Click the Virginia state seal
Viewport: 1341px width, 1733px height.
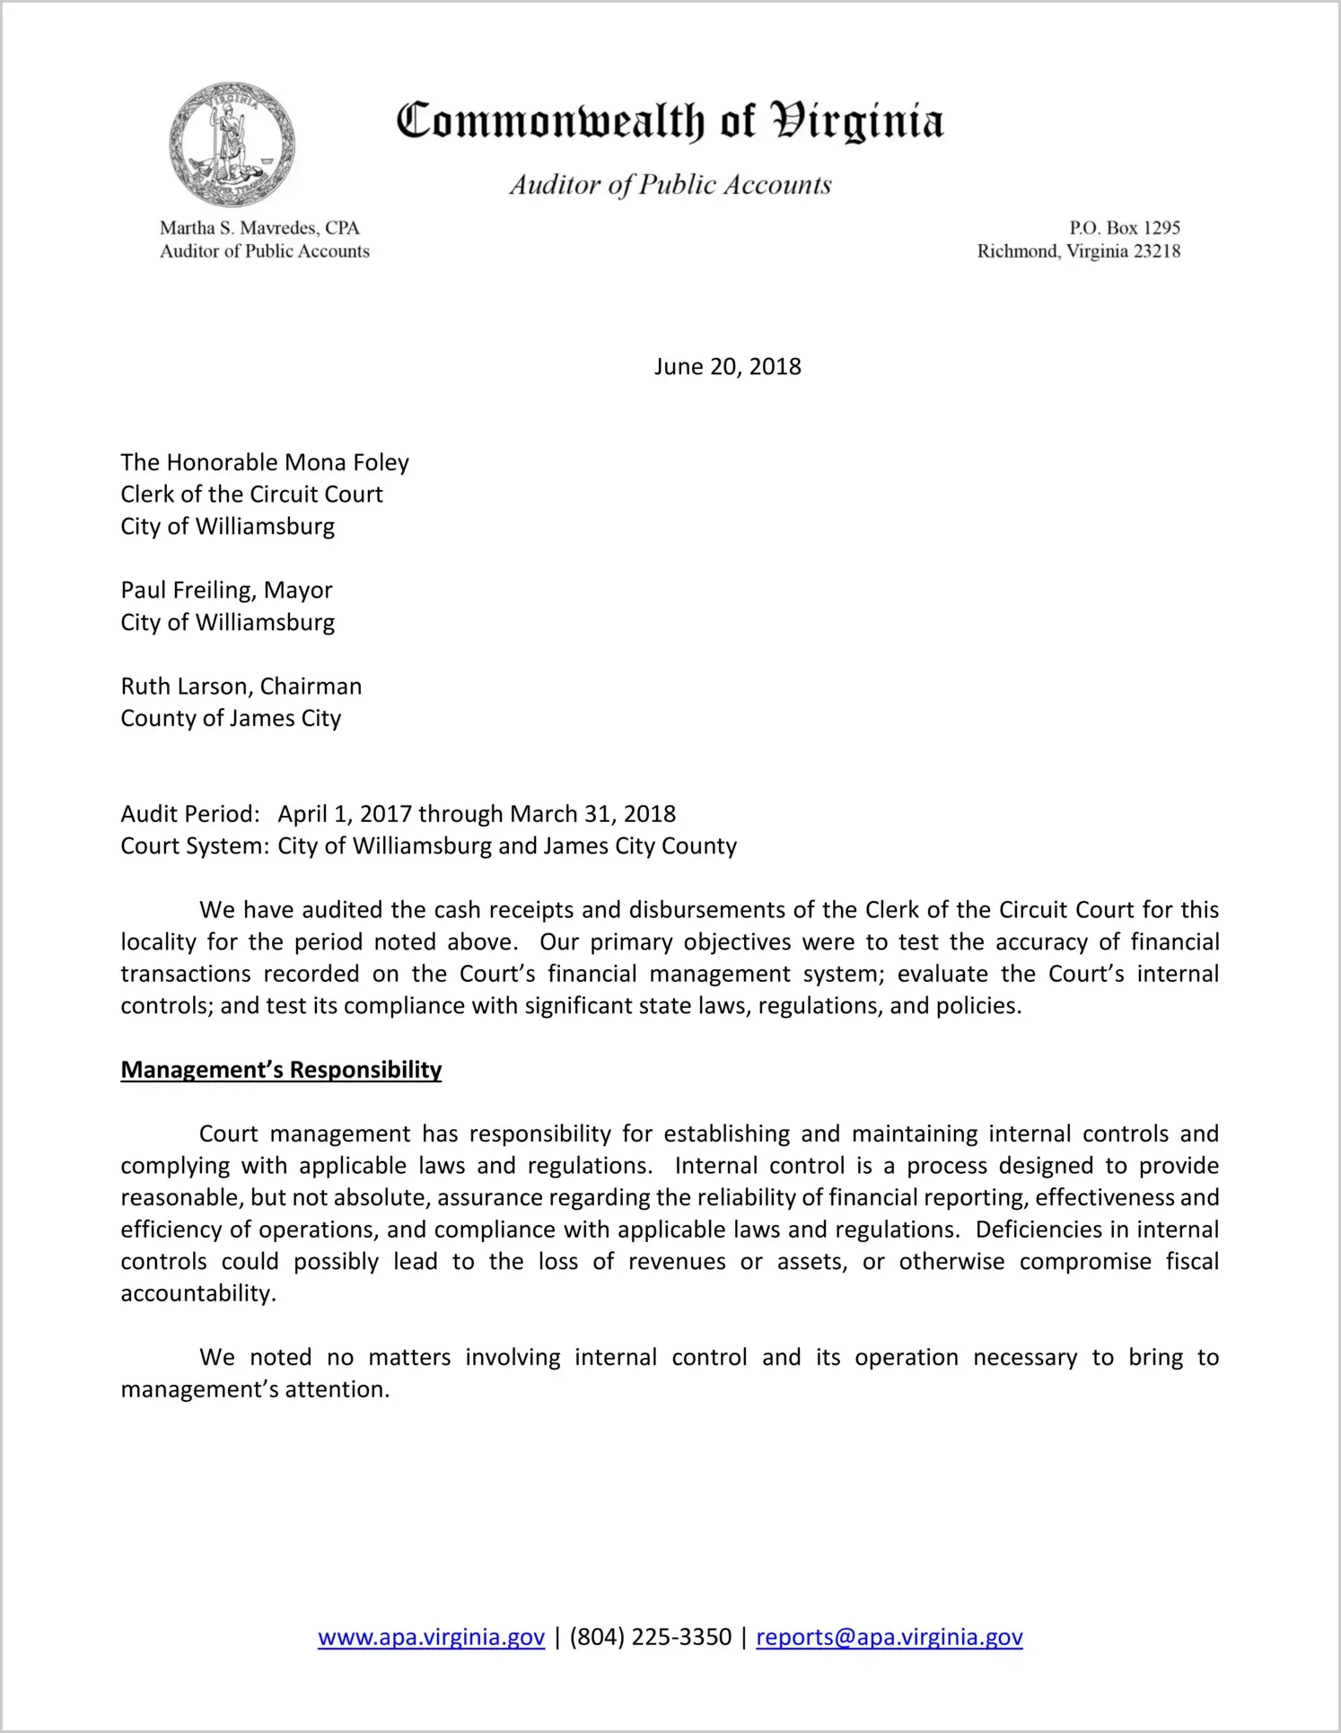(232, 144)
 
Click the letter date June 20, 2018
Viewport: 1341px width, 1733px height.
(727, 367)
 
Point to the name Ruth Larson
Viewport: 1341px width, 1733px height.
(184, 687)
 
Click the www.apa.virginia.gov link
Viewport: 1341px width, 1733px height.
(431, 1637)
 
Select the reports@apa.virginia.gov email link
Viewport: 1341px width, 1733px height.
(889, 1637)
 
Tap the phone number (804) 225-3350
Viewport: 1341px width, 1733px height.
(650, 1637)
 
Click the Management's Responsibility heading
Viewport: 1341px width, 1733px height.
(281, 1070)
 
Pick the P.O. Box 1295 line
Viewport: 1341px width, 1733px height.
(1124, 228)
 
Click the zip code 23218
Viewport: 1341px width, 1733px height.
(1157, 251)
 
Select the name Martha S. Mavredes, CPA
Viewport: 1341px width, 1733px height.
(259, 228)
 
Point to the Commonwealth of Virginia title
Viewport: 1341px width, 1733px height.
(670, 121)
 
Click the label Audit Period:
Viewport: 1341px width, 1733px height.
(190, 814)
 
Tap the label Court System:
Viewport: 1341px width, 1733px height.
(195, 846)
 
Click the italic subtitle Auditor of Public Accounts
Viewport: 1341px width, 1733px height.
(670, 185)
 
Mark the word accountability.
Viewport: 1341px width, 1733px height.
(197, 1293)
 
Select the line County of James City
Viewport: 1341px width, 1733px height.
(231, 719)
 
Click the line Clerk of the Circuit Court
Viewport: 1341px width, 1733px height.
(251, 495)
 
